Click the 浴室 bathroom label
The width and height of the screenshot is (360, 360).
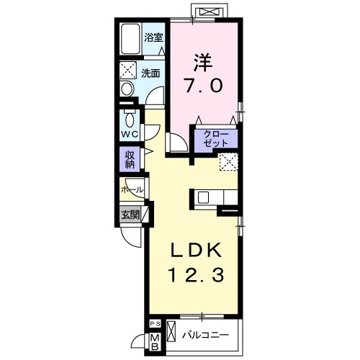[153, 37]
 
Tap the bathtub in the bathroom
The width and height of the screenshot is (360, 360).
[130, 39]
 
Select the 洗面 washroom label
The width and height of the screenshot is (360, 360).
[150, 73]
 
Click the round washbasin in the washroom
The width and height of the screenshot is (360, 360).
[127, 89]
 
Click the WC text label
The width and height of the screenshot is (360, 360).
[130, 134]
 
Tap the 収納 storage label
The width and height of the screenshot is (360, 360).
[130, 160]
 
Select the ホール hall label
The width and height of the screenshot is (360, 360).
[132, 190]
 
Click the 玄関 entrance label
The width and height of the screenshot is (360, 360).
[130, 215]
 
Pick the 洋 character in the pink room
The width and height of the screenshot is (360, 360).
[203, 63]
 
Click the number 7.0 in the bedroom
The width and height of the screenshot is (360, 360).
[203, 86]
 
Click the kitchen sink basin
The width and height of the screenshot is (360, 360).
[204, 197]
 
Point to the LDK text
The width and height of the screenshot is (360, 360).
[196, 251]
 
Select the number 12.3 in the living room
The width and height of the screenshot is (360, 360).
[197, 275]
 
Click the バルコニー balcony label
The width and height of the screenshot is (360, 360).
[205, 335]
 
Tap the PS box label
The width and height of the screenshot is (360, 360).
[155, 324]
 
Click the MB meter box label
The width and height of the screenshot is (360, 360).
[155, 342]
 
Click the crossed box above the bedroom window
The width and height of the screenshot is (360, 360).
[208, 12]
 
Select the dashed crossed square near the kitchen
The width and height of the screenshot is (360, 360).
[229, 162]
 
